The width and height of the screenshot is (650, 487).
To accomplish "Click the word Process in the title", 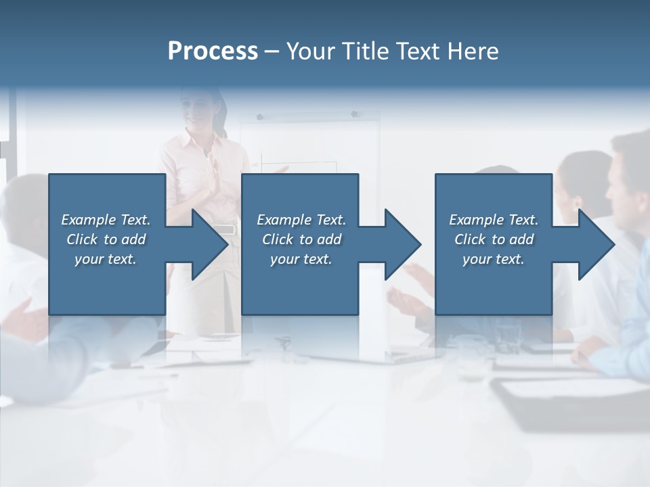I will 213,51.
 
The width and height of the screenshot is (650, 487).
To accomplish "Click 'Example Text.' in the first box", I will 106,220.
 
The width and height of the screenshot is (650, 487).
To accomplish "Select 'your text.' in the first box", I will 106,259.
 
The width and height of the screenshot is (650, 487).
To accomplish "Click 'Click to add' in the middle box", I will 301,239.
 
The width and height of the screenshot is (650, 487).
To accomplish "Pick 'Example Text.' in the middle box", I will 301,220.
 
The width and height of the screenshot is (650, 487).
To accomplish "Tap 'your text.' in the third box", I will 494,259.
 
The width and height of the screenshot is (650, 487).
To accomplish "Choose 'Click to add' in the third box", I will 494,239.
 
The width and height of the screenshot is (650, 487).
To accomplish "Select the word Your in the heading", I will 309,51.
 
